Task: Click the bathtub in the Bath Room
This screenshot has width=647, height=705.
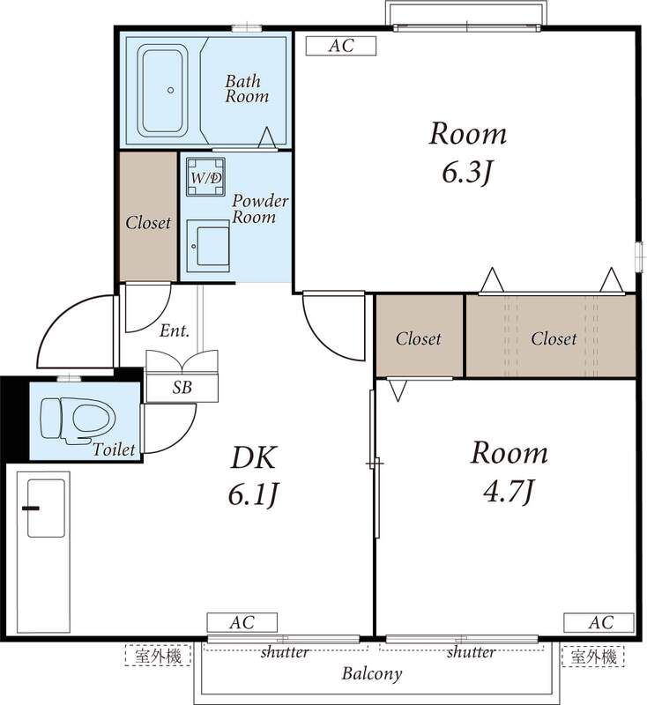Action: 163,91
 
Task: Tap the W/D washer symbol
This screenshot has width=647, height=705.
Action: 206,177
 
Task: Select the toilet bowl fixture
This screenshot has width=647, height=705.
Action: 78,420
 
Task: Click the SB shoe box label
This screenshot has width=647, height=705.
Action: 182,388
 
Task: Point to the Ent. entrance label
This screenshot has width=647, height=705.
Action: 175,331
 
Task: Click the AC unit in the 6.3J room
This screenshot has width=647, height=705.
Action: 341,46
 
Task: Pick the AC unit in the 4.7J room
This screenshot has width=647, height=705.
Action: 599,623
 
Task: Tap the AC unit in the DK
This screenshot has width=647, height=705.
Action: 242,623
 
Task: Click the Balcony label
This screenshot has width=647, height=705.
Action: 372,673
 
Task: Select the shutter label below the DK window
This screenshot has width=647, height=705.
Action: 285,651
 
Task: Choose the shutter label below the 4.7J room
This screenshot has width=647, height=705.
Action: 472,651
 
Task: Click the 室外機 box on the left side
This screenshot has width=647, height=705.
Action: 159,656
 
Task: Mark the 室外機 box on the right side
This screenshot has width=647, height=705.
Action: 593,656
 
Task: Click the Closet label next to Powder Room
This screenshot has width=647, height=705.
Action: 148,223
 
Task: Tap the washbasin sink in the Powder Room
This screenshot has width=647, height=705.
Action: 208,246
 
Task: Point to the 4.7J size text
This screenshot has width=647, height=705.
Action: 509,491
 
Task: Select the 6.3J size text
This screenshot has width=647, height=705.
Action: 468,172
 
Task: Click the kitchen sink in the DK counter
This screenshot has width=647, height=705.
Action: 46,508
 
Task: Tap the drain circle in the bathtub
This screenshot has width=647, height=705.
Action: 170,90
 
